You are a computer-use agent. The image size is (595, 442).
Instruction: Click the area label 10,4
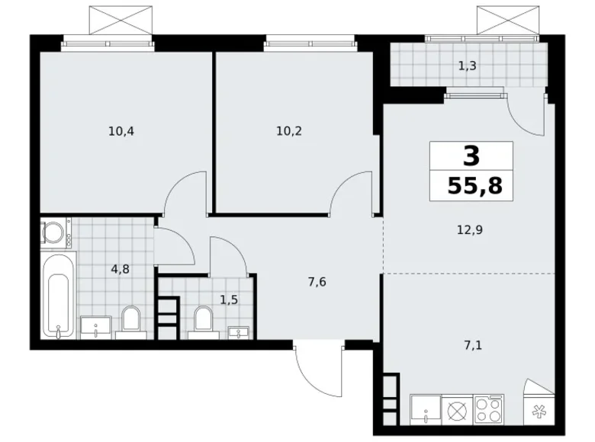click(121, 130)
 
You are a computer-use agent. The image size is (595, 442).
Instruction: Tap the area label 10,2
click(289, 130)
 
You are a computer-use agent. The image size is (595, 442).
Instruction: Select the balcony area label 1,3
click(468, 66)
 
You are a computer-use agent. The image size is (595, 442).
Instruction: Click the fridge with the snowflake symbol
click(539, 412)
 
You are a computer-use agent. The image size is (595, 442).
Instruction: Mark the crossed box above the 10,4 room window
click(110, 18)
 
